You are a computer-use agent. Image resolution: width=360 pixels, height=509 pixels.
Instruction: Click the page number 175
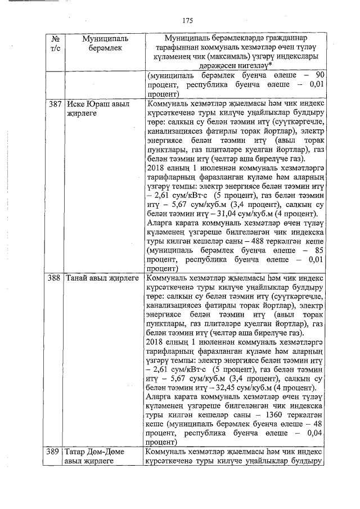(188, 21)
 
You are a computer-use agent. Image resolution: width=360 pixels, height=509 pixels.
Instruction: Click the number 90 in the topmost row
(319, 75)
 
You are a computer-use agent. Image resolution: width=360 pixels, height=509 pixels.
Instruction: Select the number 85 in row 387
(319, 250)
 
